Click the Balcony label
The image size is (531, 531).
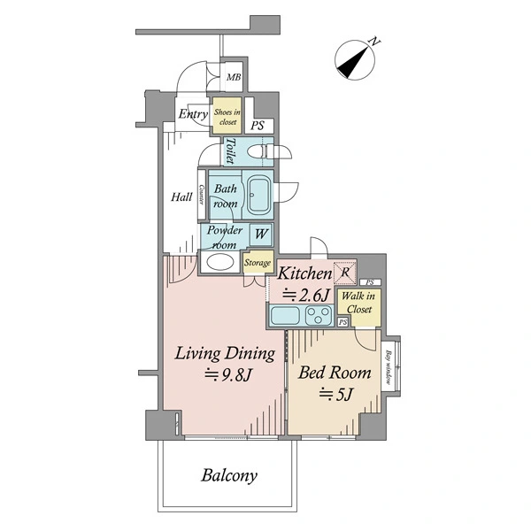[x=229, y=475]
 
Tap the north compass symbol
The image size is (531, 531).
[x=355, y=59]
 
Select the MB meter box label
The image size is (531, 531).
[x=234, y=77]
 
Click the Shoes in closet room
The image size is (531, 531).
[x=227, y=115]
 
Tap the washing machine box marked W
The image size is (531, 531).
[x=261, y=235]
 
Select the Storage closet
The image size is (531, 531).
[x=258, y=262]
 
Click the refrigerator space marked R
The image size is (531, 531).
[x=345, y=273]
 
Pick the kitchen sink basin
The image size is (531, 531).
[x=285, y=316]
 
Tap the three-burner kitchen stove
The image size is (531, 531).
[x=319, y=316]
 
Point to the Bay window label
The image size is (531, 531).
[x=389, y=367]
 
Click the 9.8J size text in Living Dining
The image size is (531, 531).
[x=228, y=374]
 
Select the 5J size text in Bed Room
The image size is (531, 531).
[x=336, y=394]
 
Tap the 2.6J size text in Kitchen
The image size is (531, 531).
[x=306, y=296]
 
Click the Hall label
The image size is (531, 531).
[x=181, y=196]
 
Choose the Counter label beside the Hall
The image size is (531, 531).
[x=202, y=195]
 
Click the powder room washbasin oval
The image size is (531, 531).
[x=220, y=262]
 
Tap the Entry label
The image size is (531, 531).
[x=193, y=114]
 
